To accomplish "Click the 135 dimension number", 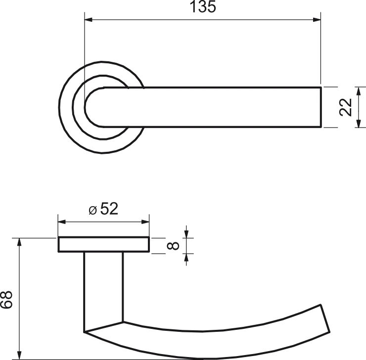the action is pyautogui.click(x=203, y=6).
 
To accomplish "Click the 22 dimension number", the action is pyautogui.click(x=345, y=107).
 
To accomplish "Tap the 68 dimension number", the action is pyautogui.click(x=6, y=300).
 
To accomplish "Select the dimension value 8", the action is pyautogui.click(x=173, y=246).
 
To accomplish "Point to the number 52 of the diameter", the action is pyautogui.click(x=109, y=209).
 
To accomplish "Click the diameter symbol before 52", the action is pyautogui.click(x=92, y=211).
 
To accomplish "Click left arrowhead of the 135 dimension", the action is pyautogui.click(x=89, y=20).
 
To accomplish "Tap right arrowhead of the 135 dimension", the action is pyautogui.click(x=317, y=20).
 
